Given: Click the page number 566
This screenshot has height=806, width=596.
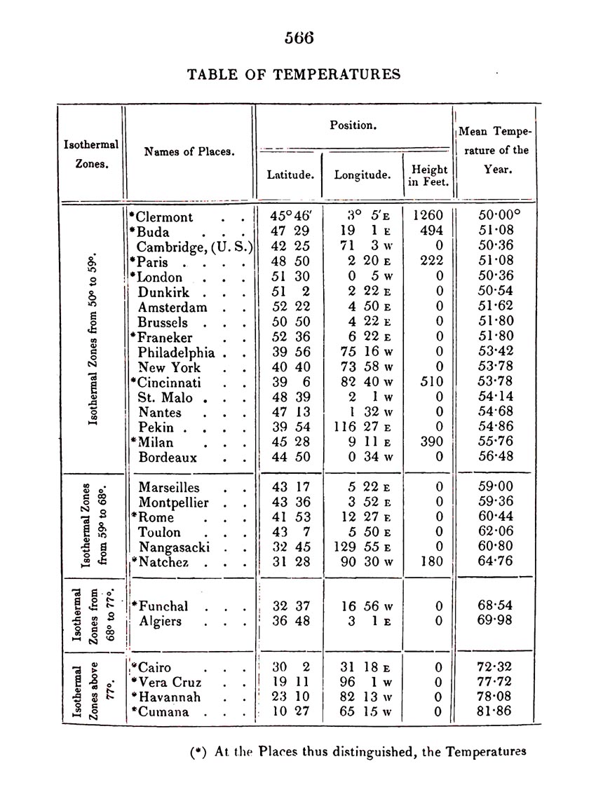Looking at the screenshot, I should pyautogui.click(x=299, y=38).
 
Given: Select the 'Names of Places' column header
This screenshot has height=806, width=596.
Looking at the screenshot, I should pyautogui.click(x=189, y=151).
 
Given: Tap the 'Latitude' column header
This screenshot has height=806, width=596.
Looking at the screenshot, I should pyautogui.click(x=290, y=175).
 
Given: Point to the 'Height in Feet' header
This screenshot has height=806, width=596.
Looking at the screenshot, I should pyautogui.click(x=429, y=176).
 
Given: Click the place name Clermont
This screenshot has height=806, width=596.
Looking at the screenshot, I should pyautogui.click(x=164, y=217).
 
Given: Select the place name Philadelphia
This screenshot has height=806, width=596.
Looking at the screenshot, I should pyautogui.click(x=176, y=353).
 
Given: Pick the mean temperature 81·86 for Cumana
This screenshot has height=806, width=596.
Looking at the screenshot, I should pyautogui.click(x=494, y=711).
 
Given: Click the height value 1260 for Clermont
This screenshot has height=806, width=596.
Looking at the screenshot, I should pyautogui.click(x=428, y=217).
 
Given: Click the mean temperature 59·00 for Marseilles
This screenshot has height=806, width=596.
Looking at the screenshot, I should pyautogui.click(x=494, y=487).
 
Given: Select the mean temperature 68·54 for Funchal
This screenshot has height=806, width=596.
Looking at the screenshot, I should pyautogui.click(x=494, y=606).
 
